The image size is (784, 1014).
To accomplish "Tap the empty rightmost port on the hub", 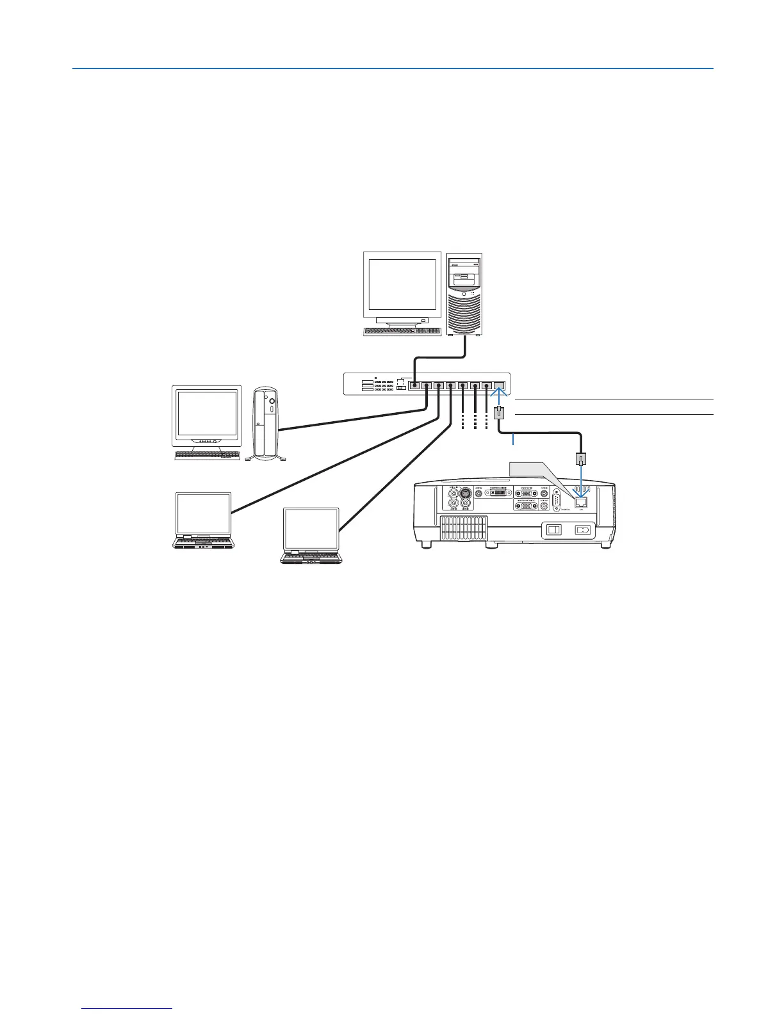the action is [x=500, y=386].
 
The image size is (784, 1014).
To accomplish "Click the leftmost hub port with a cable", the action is [x=414, y=386].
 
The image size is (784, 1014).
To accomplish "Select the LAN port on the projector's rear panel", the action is [x=581, y=501].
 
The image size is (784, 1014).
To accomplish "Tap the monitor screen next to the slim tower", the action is [x=206, y=414].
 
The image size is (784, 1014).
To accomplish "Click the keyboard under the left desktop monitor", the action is [x=206, y=455].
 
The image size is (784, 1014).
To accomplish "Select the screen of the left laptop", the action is [x=203, y=513].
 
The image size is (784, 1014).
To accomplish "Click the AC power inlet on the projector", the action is [x=582, y=530].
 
